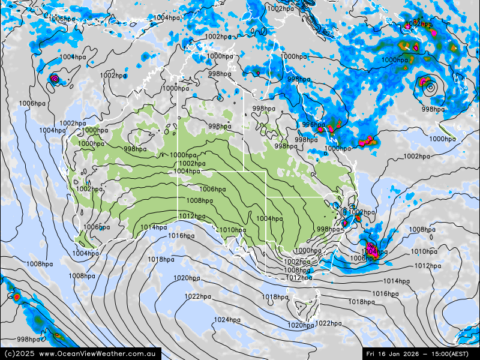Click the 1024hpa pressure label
coord(228,320)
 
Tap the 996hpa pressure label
coord(313,125)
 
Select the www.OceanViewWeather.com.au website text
coord(100,354)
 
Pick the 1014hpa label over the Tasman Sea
coord(396,281)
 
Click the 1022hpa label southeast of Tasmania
coord(328,323)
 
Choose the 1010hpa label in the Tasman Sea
coord(424,252)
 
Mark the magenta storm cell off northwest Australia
coord(55,79)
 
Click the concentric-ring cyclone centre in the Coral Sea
coord(430,88)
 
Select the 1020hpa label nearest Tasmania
coord(300,325)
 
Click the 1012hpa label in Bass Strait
coord(298,278)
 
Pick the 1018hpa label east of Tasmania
coord(361,302)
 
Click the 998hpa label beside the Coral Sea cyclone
coord(433,110)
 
